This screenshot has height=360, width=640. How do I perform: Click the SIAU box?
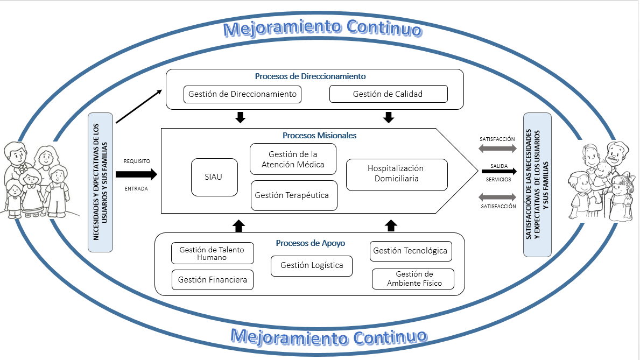coord(214,177)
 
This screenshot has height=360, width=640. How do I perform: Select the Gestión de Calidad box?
coord(388,94)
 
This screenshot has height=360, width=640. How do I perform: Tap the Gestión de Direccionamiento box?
coord(242,94)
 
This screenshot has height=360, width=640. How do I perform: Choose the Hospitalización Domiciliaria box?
coord(396,174)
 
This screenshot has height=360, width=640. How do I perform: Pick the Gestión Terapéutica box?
coord(293,195)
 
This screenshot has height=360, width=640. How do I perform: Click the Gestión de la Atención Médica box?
coord(293,159)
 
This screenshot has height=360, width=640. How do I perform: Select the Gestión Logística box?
coord(312,265)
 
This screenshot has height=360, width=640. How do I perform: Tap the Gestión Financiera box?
coord(213,280)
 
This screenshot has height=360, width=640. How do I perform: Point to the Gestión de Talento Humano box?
coord(212,253)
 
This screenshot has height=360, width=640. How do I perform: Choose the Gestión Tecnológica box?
coord(410,251)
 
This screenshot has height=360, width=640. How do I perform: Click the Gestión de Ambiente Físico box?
coord(413,279)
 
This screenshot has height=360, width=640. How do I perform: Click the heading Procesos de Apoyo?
coord(310,243)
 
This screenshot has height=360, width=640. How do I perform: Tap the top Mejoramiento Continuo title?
coord(322,28)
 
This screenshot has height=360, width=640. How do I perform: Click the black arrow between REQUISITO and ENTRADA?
coord(136,174)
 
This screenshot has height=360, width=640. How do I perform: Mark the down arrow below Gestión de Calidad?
coord(389,117)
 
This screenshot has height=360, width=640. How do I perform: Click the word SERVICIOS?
coord(498,179)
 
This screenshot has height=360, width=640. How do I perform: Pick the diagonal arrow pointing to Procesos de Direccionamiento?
coord(138,107)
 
